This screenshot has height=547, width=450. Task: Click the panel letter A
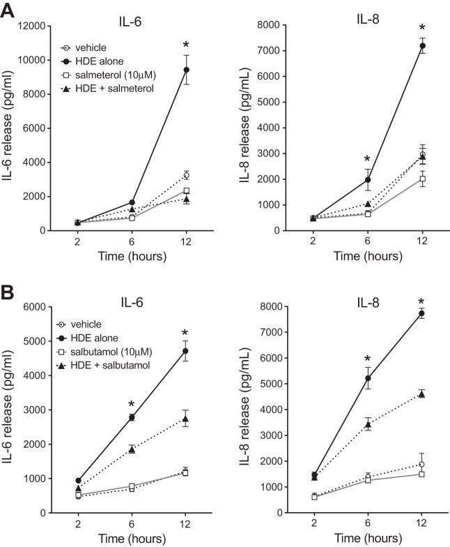pyautogui.click(x=10, y=9)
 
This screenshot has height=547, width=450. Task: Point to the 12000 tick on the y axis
pyautogui.click(x=30, y=26)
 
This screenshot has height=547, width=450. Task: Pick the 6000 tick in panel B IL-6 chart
pyautogui.click(x=30, y=307)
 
